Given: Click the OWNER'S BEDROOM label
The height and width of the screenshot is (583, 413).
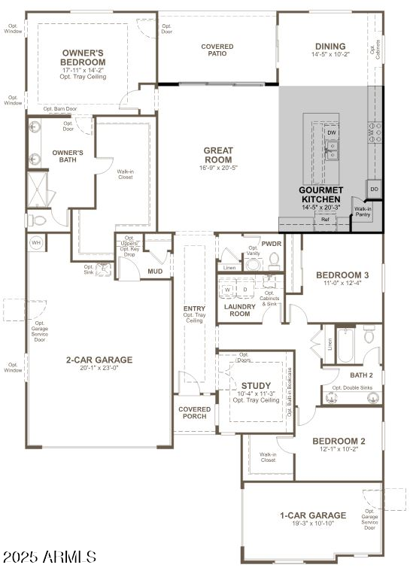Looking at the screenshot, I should (x=83, y=57).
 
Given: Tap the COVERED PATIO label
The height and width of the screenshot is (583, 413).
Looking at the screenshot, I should (x=217, y=50).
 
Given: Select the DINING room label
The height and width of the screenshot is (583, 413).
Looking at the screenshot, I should (x=330, y=47).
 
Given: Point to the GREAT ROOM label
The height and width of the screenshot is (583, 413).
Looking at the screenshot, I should (x=218, y=155).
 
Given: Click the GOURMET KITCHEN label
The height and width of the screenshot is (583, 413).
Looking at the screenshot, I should (x=321, y=194).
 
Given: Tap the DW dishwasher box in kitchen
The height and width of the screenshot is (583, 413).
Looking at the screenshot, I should (x=331, y=133).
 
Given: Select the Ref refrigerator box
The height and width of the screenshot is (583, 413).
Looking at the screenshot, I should (x=325, y=219).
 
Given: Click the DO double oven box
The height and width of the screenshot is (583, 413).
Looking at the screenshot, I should (x=374, y=189).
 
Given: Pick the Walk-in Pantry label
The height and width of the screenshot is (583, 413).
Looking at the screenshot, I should (x=363, y=212).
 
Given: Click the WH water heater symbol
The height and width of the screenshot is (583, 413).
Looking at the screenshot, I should (x=35, y=243).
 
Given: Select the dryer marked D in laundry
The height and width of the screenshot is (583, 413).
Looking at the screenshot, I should (x=244, y=289).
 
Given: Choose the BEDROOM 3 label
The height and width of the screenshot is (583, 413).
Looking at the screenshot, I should (x=342, y=275).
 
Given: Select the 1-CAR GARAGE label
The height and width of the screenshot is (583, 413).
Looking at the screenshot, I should (x=313, y=515).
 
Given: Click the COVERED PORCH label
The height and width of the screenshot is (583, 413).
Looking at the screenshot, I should (x=195, y=413).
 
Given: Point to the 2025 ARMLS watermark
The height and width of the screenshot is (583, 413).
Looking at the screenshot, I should (x=50, y=557).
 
